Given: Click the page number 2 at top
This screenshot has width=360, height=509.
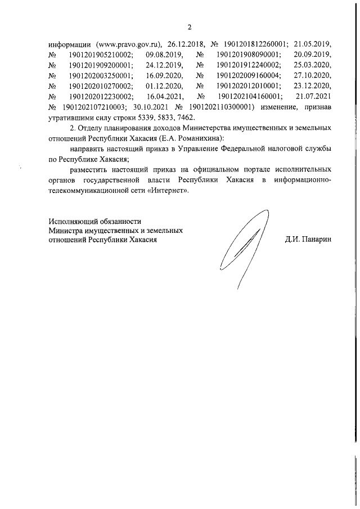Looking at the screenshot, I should (x=190, y=26).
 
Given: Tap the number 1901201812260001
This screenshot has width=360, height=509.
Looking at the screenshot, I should (x=256, y=44).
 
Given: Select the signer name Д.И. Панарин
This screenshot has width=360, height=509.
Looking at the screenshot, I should (x=309, y=239).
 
